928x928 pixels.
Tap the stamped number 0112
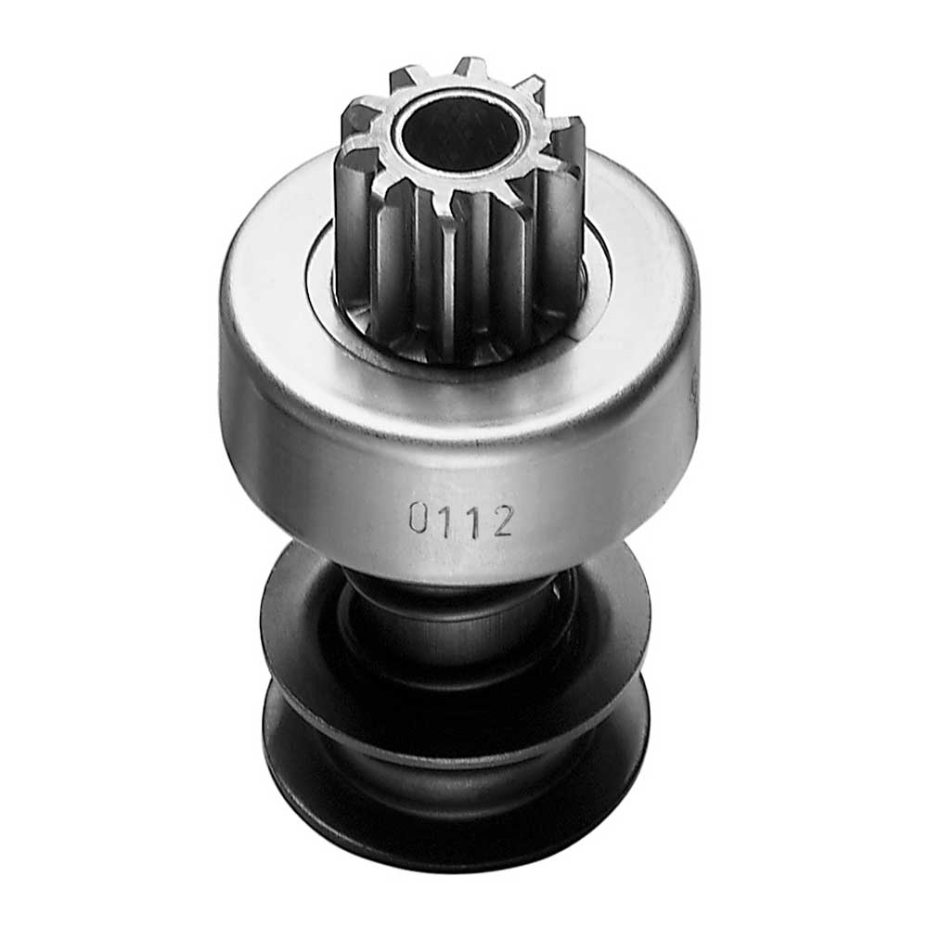[460, 521]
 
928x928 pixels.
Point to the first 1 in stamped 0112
[445, 520]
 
